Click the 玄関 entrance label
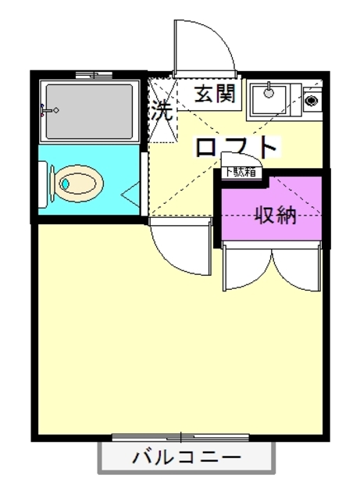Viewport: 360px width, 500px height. click(214, 95)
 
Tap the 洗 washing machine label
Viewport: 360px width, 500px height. click(162, 110)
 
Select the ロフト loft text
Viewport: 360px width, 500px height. click(237, 148)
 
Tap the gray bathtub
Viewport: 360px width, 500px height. click(90, 110)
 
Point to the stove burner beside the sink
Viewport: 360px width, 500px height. click(310, 101)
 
